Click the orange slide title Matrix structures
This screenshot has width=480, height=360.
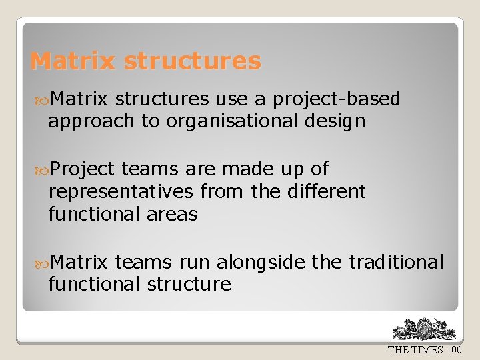(145, 61)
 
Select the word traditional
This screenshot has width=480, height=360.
(396, 262)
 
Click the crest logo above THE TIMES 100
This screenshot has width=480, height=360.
(425, 329)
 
